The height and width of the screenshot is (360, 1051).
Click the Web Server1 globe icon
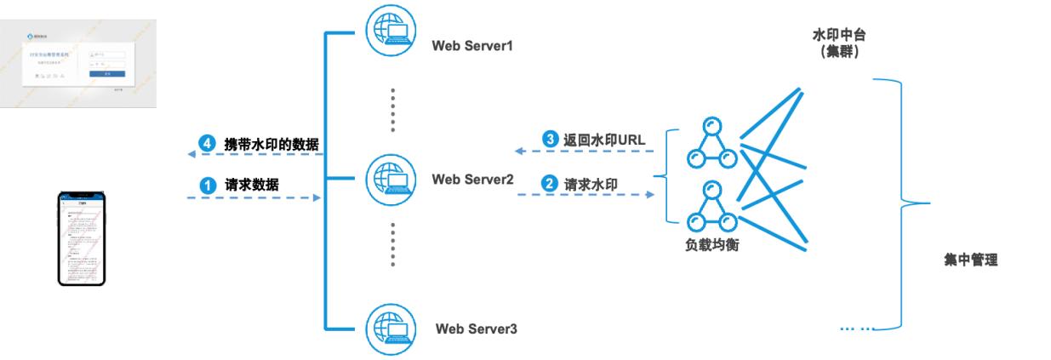point(391,32)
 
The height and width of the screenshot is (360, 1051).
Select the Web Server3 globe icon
point(391,325)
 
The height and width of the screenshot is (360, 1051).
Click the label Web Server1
point(473,44)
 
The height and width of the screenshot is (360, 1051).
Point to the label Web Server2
point(472,180)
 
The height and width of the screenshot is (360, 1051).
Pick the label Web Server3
point(477,329)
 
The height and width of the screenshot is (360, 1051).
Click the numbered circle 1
point(204,183)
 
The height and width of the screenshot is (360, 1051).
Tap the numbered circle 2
point(550,182)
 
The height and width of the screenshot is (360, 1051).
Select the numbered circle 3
point(550,138)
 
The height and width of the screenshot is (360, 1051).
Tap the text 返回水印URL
point(603,138)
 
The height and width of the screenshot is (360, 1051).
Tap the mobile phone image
point(82,237)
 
